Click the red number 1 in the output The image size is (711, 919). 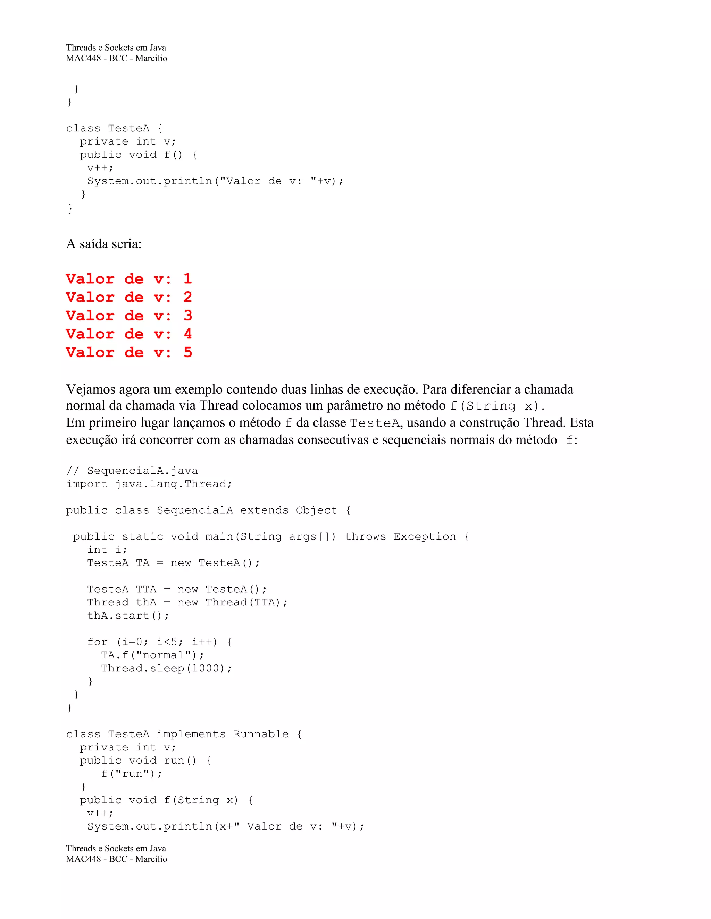tap(188, 279)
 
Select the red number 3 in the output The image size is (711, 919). tap(188, 316)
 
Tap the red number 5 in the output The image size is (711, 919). tap(188, 353)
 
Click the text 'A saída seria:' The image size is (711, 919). tap(103, 244)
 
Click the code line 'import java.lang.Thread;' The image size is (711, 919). tap(149, 484)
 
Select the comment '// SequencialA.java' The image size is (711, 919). tap(132, 471)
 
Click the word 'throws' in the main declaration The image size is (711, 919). tap(365, 536)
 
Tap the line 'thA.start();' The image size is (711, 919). tap(128, 616)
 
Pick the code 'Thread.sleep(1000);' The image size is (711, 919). tap(166, 668)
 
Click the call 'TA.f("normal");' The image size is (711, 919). tap(152, 655)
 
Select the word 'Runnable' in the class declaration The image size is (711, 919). tap(261, 734)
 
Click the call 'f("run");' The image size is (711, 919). tap(132, 773)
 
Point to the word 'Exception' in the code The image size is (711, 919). tap(425, 536)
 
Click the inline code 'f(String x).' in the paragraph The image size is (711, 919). tap(497, 406)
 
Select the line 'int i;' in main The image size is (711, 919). tap(107, 550)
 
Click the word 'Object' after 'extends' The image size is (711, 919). tap(316, 510)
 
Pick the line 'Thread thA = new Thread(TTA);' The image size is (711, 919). tap(187, 603)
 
